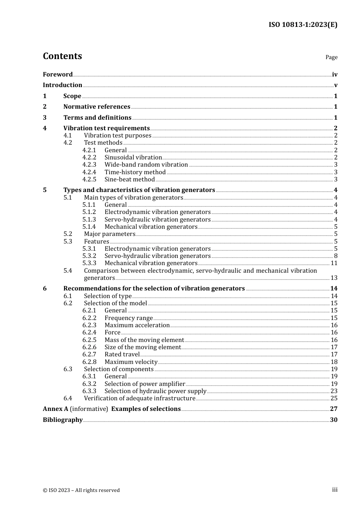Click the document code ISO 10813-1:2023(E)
(x=303, y=25)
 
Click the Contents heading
(x=62, y=56)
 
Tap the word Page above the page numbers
(x=331, y=57)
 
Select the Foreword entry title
(x=58, y=74)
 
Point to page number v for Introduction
(x=335, y=85)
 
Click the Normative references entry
(x=97, y=107)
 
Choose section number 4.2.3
(x=89, y=165)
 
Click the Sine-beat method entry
(x=130, y=180)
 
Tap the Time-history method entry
(x=135, y=172)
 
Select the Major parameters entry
(x=110, y=234)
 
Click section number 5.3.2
(x=89, y=256)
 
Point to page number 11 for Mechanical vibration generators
(x=334, y=263)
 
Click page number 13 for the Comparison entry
(x=334, y=278)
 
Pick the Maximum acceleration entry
(x=137, y=325)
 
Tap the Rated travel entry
(x=122, y=354)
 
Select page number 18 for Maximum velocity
(x=334, y=362)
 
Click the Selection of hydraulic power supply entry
(x=155, y=391)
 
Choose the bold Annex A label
(x=55, y=409)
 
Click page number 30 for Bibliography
(x=333, y=420)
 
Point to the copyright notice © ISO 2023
(x=81, y=490)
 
